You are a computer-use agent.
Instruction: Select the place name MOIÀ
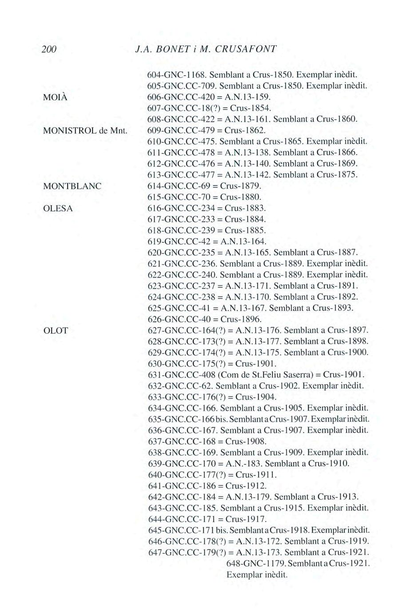[x=55, y=98]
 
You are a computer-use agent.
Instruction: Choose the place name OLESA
[x=58, y=208]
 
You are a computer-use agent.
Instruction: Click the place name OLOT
[x=56, y=331]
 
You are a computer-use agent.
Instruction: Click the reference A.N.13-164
[x=246, y=241]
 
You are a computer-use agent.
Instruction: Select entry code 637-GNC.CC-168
[x=182, y=441]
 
